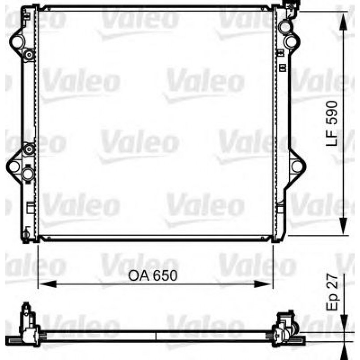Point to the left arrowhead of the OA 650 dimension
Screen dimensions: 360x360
coord(43,284)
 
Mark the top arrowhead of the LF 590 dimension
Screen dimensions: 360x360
coord(343,18)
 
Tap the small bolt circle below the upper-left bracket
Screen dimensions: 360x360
coord(29,55)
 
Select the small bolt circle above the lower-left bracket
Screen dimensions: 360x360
coord(29,149)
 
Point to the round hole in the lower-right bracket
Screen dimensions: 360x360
coord(295,166)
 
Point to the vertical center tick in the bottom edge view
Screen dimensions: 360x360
coord(155,336)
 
